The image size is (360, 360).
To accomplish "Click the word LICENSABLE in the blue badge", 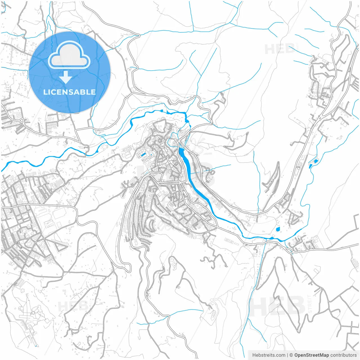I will pos(69,92).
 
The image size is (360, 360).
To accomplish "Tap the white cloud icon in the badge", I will pos(69,55).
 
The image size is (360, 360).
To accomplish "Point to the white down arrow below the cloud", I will pos(66,77).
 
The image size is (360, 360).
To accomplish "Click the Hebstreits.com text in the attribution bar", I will pos(269,355).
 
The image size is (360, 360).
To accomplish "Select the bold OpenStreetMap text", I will pos(312,355).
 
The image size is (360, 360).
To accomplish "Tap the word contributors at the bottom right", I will pos(343,355).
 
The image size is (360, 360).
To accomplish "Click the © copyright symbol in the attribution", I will pos(291,355).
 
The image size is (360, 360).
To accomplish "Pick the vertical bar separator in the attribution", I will pos(287,355).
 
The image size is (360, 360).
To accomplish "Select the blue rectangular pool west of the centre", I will pos(143,154).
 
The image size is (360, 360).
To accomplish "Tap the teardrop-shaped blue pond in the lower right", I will pos(278,229).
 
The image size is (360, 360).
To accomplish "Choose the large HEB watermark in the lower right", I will pos(277,305).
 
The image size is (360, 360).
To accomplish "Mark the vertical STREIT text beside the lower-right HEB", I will pos(310,304).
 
